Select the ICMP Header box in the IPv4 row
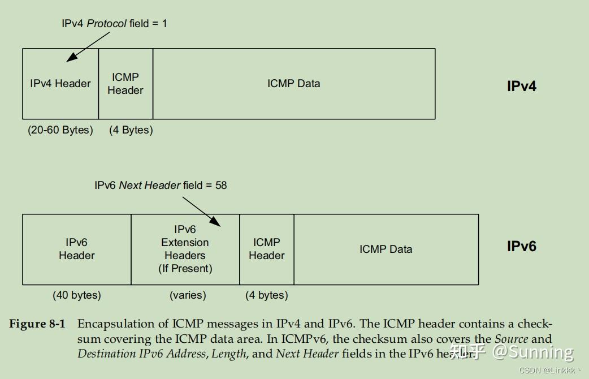[125, 84]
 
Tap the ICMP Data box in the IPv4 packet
[294, 84]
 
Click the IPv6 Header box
[77, 249]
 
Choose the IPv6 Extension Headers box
[185, 249]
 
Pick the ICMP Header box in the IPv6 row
[267, 249]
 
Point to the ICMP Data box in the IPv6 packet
[386, 249]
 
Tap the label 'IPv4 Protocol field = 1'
[114, 24]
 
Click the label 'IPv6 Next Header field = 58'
[161, 186]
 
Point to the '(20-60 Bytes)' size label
[60, 130]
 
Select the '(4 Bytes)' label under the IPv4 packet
[131, 130]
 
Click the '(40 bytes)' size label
[77, 295]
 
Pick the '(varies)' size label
[188, 295]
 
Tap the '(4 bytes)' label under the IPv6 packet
[267, 295]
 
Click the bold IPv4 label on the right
[521, 87]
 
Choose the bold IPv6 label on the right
[521, 247]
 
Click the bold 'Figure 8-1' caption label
[37, 324]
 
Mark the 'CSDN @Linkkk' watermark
[549, 371]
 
